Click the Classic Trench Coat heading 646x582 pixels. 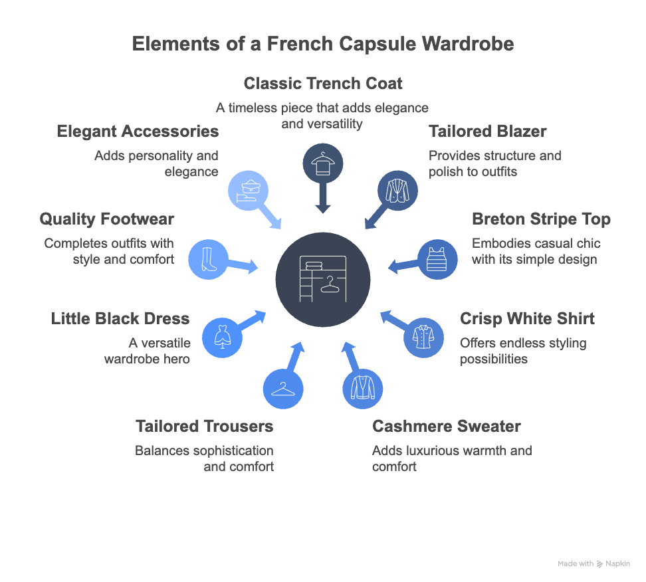323,84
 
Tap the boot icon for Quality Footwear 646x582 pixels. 208,258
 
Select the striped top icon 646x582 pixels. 437,258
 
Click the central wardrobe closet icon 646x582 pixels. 323,280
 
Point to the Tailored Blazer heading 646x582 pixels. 487,132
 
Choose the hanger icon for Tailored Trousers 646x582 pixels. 282,388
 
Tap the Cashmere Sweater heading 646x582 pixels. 446,427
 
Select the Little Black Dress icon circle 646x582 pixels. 221,338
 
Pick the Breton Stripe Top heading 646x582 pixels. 541,219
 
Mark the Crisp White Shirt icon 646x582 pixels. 424,338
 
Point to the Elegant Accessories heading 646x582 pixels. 138,132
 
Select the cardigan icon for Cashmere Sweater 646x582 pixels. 363,388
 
